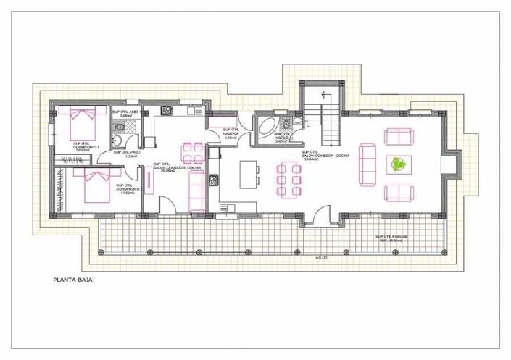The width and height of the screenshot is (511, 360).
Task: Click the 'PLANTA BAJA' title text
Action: pos(72,278)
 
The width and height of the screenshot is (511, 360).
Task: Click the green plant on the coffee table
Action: pos(398,164)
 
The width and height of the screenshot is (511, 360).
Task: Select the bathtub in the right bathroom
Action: pos(266,127)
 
